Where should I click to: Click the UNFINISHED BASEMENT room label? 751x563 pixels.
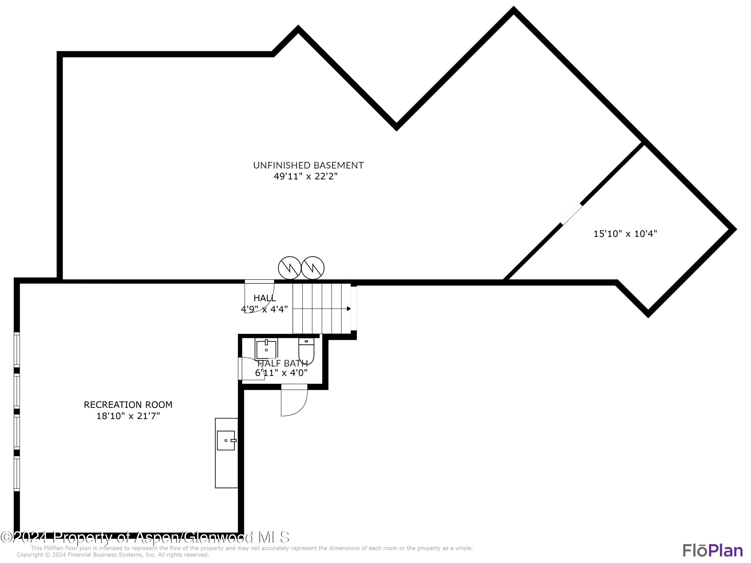point(308,165)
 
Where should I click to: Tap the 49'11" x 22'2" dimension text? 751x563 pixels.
point(306,176)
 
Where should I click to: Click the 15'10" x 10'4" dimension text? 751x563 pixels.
point(625,234)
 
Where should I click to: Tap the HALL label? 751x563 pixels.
point(265,298)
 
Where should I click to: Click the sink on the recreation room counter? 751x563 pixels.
point(226,440)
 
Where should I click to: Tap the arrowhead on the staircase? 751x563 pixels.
point(349,309)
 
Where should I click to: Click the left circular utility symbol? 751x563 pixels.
point(290,268)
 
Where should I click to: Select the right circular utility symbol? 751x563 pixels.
point(313,268)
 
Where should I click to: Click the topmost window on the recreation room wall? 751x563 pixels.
point(17,350)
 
